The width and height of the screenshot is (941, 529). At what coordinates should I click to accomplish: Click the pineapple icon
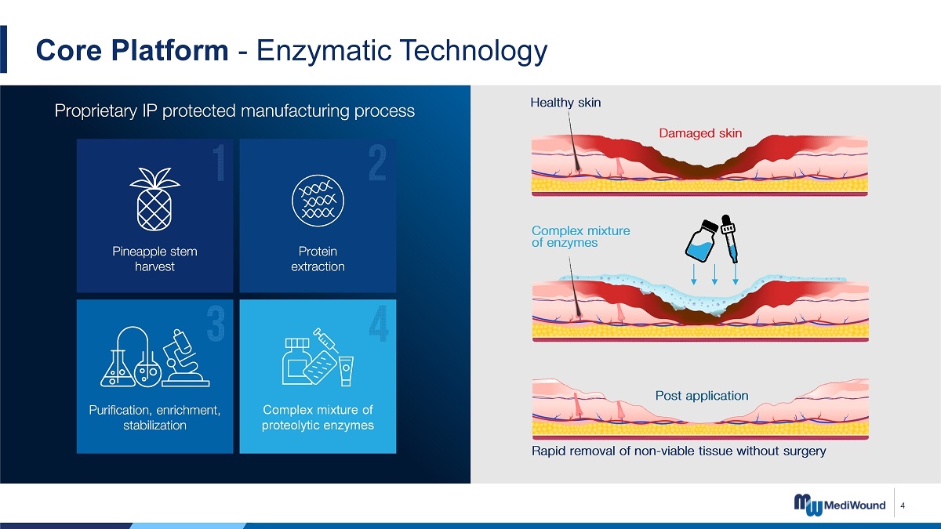pyautogui.click(x=154, y=199)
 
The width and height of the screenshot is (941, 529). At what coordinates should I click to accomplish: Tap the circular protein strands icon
pyautogui.click(x=318, y=201)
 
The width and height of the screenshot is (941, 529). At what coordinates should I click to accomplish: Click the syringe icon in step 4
pyautogui.click(x=326, y=339)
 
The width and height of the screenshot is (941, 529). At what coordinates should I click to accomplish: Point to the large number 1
pyautogui.click(x=219, y=163)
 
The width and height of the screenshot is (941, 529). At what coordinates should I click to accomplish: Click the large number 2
pyautogui.click(x=377, y=163)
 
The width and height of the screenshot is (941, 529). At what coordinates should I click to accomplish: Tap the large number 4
pyautogui.click(x=379, y=323)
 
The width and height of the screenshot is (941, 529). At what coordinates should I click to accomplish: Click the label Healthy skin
pyautogui.click(x=565, y=103)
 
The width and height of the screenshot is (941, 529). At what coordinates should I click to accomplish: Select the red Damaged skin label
pyautogui.click(x=700, y=133)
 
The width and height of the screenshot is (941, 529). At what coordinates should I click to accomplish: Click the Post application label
pyautogui.click(x=702, y=396)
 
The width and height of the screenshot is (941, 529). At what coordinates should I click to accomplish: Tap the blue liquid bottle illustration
pyautogui.click(x=700, y=241)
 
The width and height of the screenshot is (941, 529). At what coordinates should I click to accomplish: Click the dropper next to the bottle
pyautogui.click(x=730, y=239)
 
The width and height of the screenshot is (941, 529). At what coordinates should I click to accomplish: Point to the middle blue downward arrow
pyautogui.click(x=714, y=274)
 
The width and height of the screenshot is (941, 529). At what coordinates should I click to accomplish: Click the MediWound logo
pyautogui.click(x=839, y=505)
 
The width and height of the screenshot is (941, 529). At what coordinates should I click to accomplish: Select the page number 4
pyautogui.click(x=903, y=505)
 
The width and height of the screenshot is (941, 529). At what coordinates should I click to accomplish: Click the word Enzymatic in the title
pyautogui.click(x=323, y=51)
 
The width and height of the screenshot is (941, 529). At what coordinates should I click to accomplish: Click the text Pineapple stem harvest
pyautogui.click(x=154, y=259)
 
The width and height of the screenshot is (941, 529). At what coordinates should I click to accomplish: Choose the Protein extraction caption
pyautogui.click(x=318, y=259)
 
